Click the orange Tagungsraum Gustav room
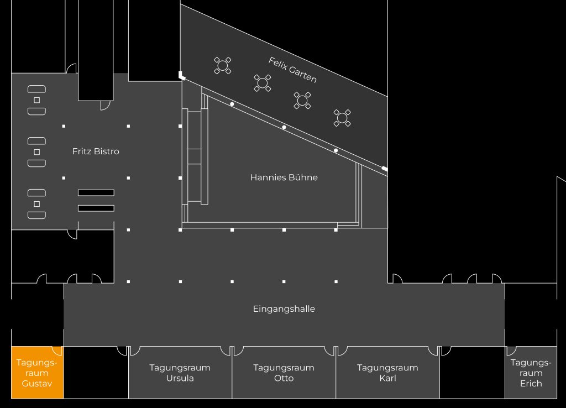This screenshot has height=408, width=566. [37, 373]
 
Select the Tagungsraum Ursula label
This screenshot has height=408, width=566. [180, 373]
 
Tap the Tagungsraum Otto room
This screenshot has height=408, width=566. [284, 373]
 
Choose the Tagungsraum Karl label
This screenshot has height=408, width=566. [387, 373]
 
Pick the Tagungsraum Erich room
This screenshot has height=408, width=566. [531, 373]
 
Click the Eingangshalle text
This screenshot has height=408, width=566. [284, 309]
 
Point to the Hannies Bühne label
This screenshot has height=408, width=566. [284, 177]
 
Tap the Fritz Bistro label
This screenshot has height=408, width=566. [96, 151]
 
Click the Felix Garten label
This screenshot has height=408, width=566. [292, 70]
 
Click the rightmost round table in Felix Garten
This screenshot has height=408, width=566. [342, 117]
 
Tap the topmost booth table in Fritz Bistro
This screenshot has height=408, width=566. [37, 100]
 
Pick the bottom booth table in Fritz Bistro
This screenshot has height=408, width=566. [37, 204]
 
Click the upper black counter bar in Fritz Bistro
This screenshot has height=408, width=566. [96, 192]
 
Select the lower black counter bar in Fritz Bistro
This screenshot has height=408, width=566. [96, 208]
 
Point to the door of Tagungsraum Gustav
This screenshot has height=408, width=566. [56, 351]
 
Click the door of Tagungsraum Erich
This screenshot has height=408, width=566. [511, 351]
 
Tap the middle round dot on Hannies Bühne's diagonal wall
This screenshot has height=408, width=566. [284, 128]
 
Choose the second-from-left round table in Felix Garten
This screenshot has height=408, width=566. [263, 83]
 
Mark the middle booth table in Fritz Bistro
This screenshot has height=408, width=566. [37, 152]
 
